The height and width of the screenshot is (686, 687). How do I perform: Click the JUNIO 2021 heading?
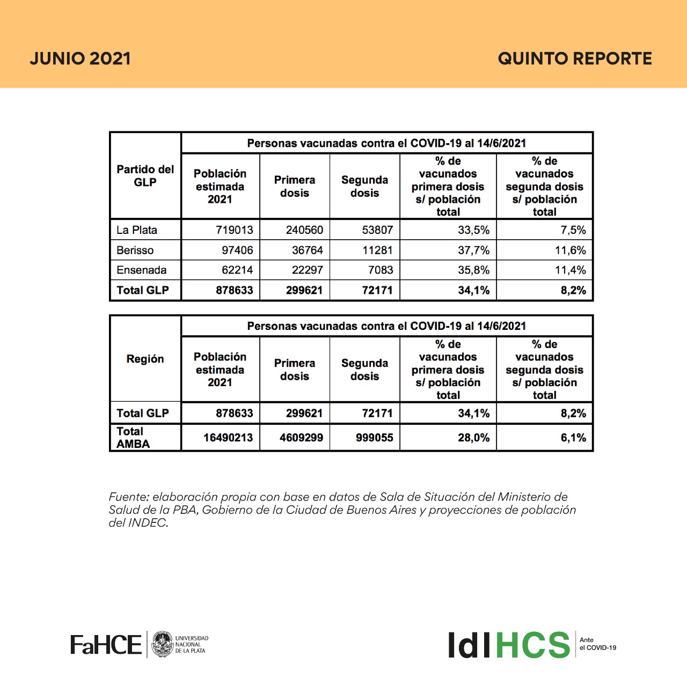pos(80,58)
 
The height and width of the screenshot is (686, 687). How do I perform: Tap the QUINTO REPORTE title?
pos(575,58)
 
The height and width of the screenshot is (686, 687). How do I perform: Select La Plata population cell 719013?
pos(234,230)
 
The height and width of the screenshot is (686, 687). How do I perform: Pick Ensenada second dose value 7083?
pos(380,270)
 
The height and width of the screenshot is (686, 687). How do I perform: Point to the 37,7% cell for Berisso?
pos(473,250)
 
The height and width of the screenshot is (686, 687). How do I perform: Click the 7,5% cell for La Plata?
pos(573,230)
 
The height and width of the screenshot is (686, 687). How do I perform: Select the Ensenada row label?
pos(141,270)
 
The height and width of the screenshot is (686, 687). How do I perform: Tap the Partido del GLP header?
pos(145,176)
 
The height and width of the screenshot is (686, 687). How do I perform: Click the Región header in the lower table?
pos(145,359)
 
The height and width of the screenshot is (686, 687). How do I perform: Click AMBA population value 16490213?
pos(228,438)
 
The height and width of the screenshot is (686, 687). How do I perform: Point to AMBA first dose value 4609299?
pos(301,438)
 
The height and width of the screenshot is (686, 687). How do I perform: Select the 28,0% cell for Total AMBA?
pos(473,438)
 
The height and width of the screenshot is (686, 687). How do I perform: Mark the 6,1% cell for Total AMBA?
pos(573,438)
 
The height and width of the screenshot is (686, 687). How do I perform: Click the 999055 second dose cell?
pos(374,438)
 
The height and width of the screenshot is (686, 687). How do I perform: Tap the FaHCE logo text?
pos(106,644)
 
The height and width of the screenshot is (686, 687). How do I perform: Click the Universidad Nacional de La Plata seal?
pos(163,644)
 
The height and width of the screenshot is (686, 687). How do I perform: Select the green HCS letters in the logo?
pos(532,645)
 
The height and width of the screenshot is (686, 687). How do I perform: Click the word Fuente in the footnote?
pos(128,497)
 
